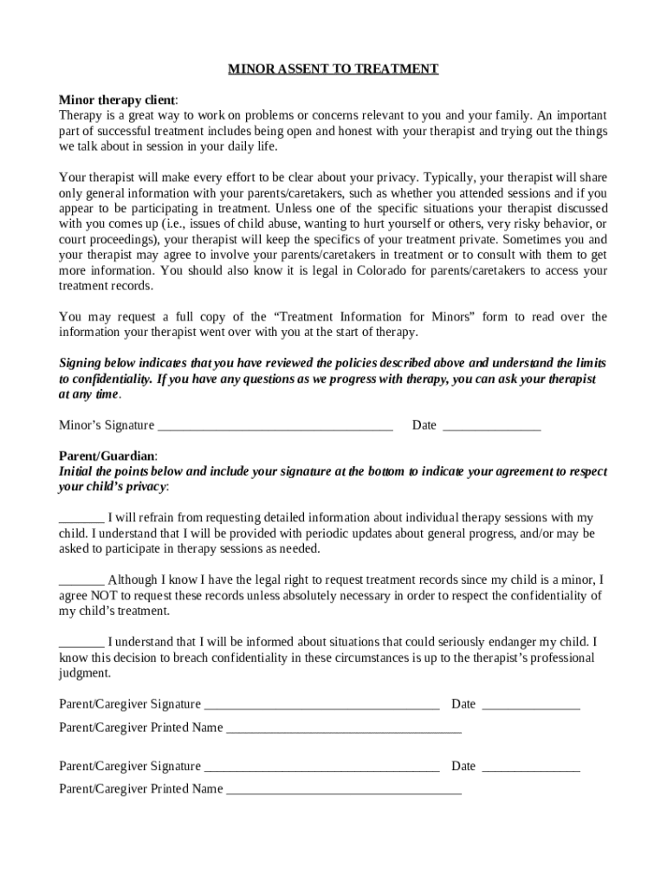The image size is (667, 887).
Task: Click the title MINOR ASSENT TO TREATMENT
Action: (333, 69)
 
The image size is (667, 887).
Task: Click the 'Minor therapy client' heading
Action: (116, 100)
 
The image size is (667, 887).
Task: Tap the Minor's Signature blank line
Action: (275, 425)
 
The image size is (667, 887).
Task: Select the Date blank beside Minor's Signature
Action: (491, 425)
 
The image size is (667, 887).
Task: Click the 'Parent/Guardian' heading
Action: (107, 456)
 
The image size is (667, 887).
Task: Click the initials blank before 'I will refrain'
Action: (81, 518)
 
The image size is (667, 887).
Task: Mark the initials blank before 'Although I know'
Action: (81, 580)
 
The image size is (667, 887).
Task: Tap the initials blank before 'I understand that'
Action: (81, 642)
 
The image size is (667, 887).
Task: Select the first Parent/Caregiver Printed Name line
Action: (344, 728)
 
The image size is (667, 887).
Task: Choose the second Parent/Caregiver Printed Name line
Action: (344, 789)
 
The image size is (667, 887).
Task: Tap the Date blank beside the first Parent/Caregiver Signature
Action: (530, 704)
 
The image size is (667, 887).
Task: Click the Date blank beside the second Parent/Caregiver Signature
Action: (530, 767)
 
